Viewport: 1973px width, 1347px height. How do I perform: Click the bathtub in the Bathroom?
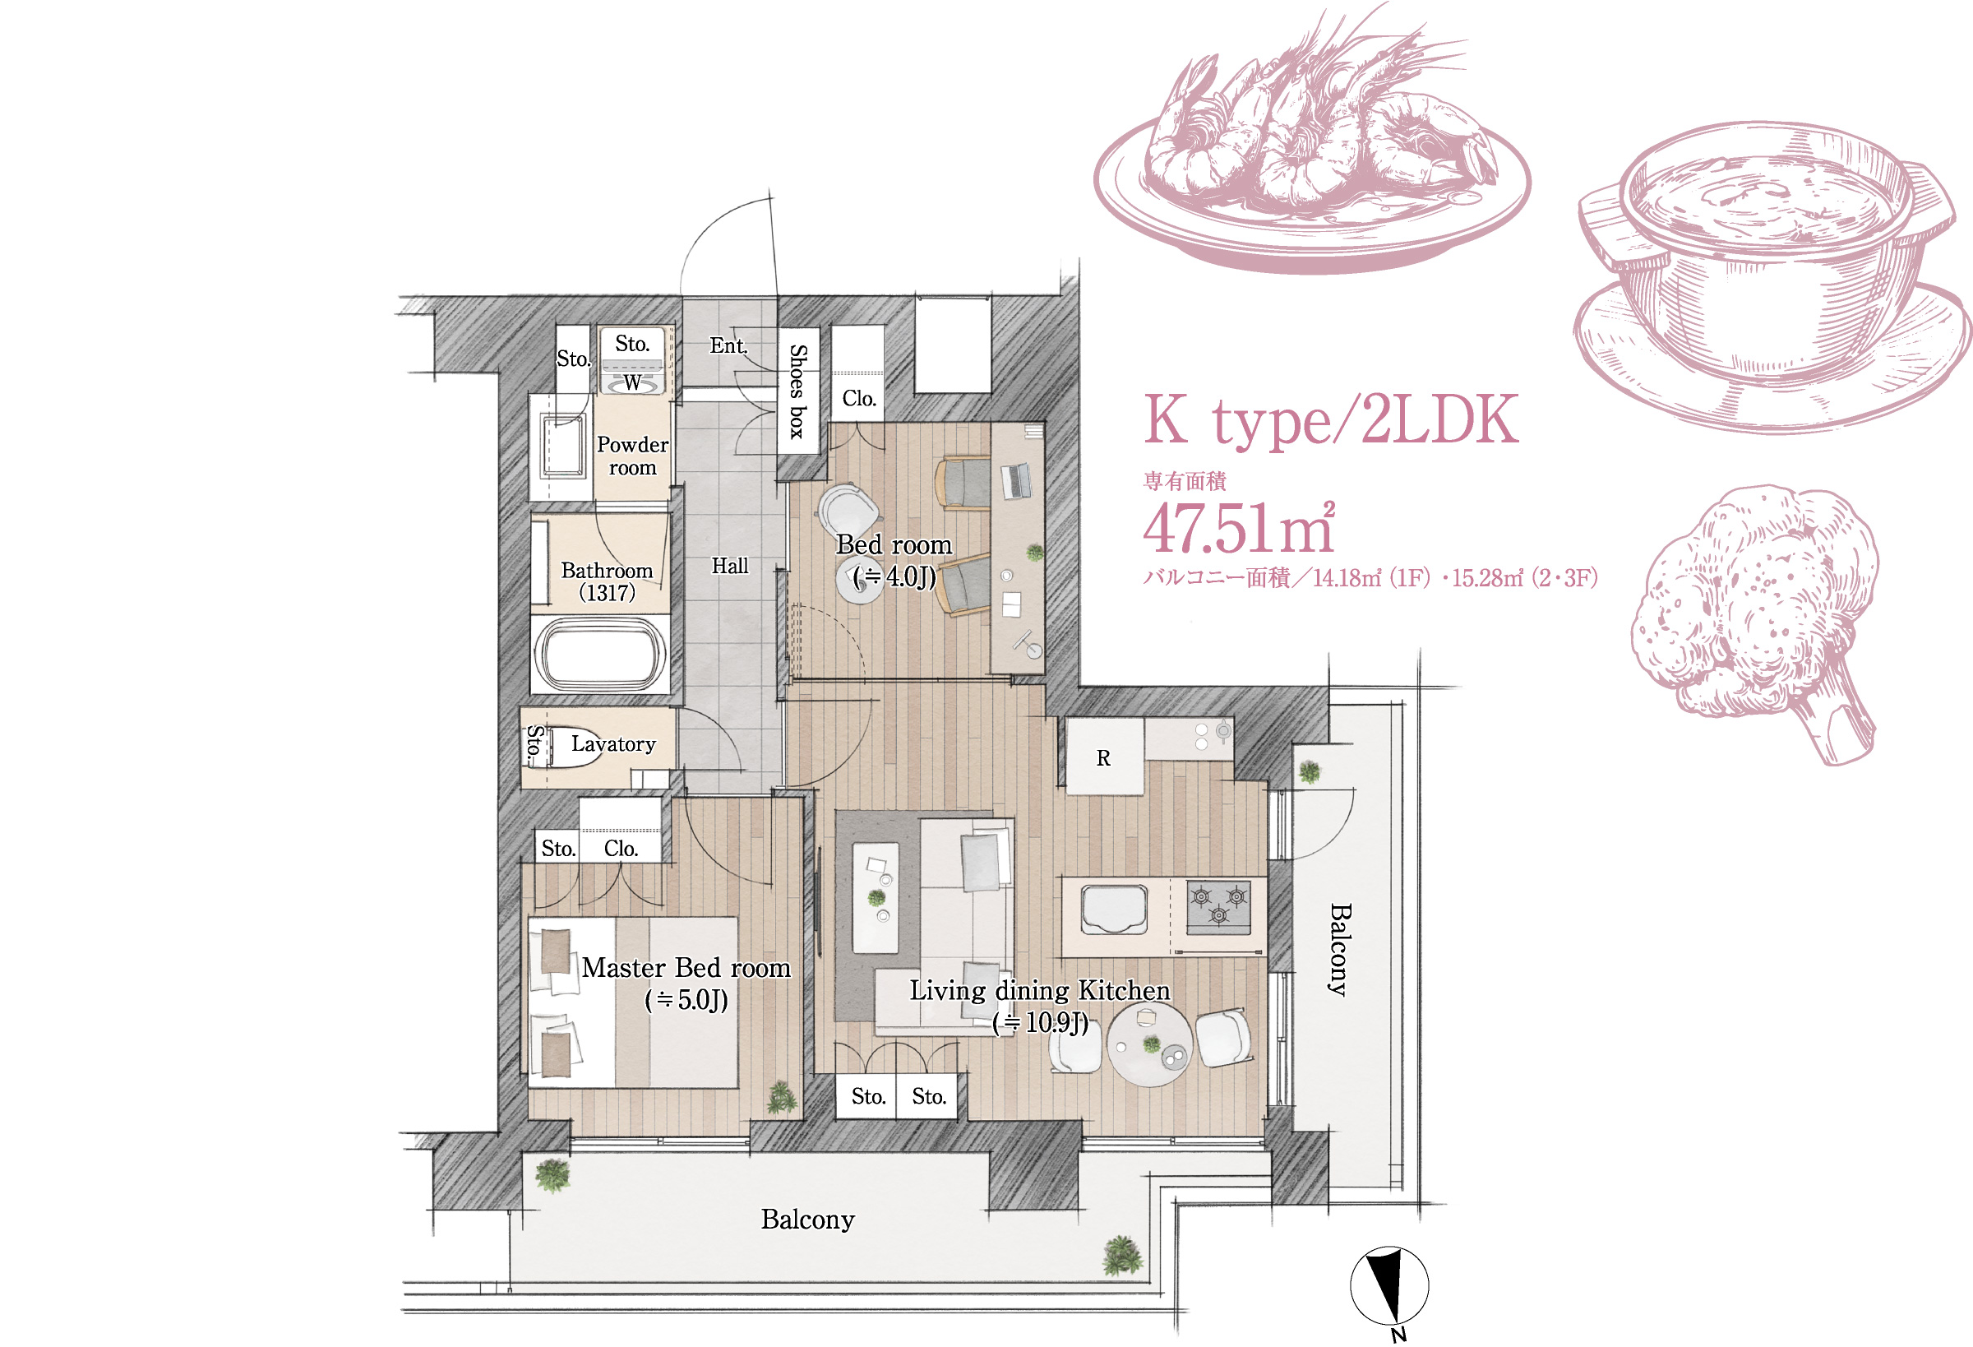tap(600, 653)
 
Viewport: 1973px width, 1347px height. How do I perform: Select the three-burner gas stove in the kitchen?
tap(1218, 907)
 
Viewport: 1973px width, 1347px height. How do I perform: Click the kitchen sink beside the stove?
tap(1114, 908)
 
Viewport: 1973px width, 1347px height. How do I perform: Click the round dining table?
tap(1149, 1044)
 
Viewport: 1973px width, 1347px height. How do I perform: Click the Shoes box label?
tap(798, 391)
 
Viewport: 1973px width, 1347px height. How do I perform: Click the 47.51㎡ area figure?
tap(1240, 527)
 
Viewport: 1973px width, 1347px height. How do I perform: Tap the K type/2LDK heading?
tap(1330, 419)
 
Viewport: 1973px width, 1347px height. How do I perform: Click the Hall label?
tap(729, 566)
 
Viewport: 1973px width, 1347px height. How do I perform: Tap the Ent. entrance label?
tap(728, 345)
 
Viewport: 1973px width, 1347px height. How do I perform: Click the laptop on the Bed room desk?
tap(1016, 481)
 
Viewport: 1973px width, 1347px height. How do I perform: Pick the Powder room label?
tap(632, 456)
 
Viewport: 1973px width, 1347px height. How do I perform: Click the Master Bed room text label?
tap(686, 968)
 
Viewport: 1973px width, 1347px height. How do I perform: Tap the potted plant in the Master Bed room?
tap(781, 1096)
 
